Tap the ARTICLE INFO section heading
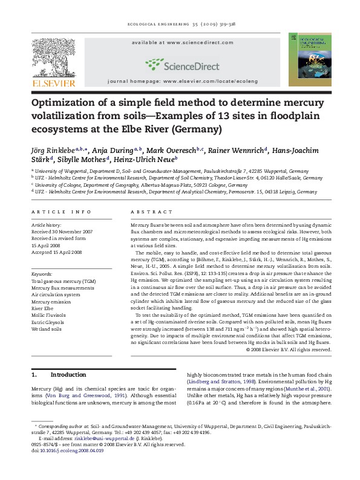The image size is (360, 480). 61,212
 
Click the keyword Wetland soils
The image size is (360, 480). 47,329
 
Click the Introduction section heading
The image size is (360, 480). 68,375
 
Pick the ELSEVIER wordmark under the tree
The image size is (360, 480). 53,83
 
